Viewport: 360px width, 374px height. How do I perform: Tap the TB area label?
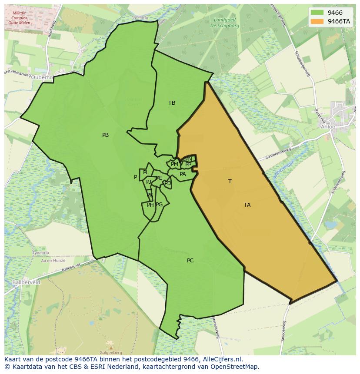point(172,103)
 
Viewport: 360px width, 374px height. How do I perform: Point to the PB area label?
point(105,135)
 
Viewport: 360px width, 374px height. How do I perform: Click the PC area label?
point(190,261)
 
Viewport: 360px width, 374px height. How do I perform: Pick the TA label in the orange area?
point(247,205)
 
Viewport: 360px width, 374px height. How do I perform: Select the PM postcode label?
point(174,164)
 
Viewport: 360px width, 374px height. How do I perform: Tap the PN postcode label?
point(189,159)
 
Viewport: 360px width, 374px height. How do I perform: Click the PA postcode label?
point(183,174)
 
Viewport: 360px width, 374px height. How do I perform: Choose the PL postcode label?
point(146,172)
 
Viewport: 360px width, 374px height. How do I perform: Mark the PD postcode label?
point(167,183)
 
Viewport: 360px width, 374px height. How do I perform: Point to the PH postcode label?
point(150,205)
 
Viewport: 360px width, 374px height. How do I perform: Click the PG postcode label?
point(159,205)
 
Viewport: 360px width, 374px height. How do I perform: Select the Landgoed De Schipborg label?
point(225,23)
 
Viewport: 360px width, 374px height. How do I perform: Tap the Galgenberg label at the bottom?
point(110,353)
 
